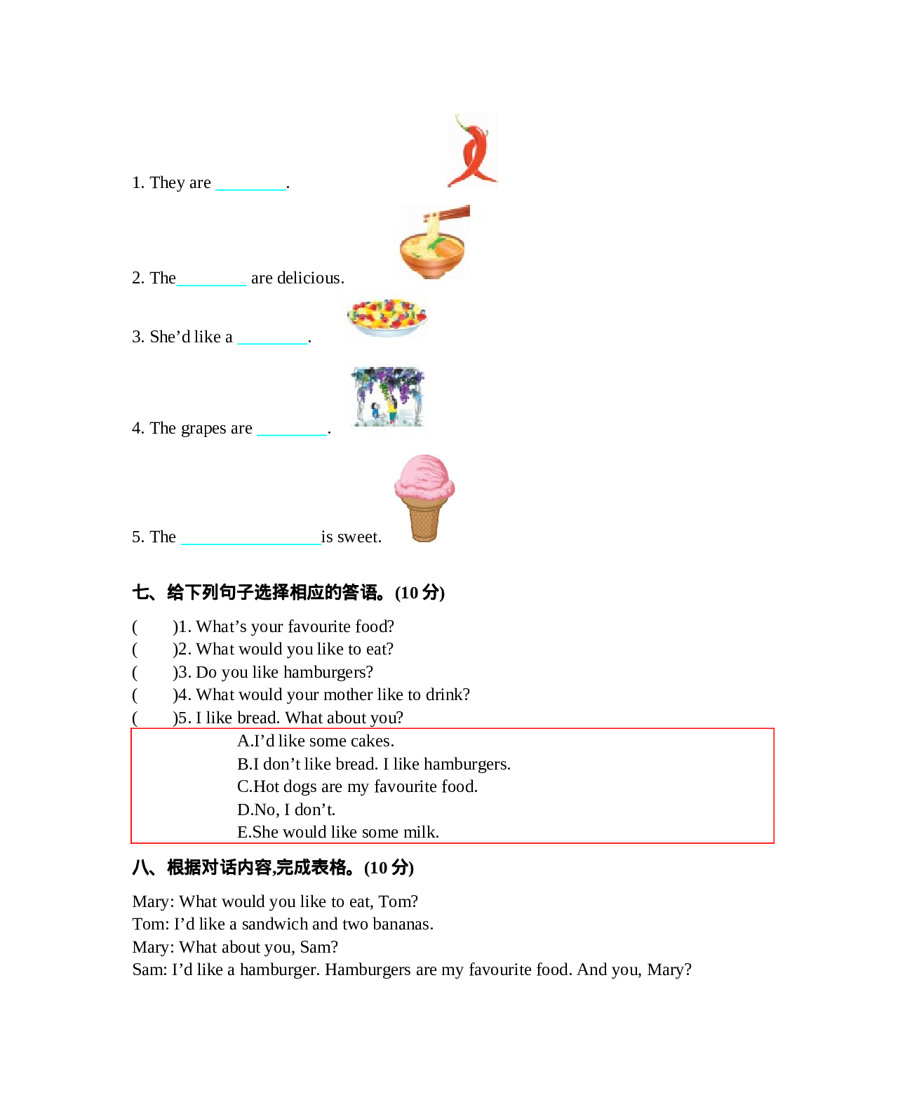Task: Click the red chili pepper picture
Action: point(473,152)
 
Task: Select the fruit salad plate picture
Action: point(387,317)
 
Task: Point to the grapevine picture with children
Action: point(388,396)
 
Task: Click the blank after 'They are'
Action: point(250,184)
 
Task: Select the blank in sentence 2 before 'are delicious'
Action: point(211,279)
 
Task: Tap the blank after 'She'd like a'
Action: point(272,338)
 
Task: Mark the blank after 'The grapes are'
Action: point(292,429)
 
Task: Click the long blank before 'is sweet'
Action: point(250,538)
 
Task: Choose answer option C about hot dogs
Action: point(357,786)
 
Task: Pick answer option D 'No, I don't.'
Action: point(286,810)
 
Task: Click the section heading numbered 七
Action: point(288,593)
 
